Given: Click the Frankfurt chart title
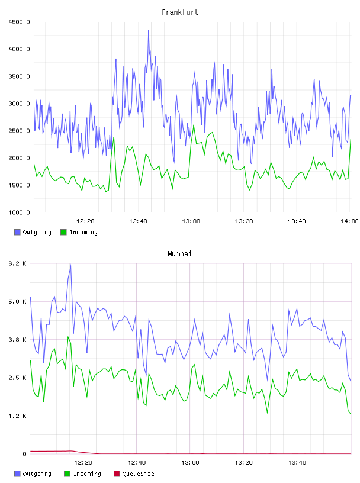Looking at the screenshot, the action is pos(180,12).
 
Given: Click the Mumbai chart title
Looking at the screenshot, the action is pos(179,254).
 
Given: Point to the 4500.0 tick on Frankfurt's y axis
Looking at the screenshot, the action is pos(19,22).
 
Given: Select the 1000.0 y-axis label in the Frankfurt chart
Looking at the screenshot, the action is pos(19,212).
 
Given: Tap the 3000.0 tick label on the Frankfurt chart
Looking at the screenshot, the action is pos(19,104).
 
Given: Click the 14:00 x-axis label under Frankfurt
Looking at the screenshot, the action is pos(349,221).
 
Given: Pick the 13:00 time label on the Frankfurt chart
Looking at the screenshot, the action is pos(191,221).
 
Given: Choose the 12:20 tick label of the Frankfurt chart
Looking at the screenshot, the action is pos(85,221).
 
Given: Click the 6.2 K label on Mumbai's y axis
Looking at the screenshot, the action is pos(17,263).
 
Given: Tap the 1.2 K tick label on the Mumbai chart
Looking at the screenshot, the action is pos(17,416).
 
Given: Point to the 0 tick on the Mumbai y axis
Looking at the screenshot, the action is pos(25,454).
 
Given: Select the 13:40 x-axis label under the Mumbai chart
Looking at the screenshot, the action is pos(297,463).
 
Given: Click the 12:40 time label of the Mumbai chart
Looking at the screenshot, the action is pos(137,463).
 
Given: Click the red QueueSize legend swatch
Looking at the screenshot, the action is pos(117,474).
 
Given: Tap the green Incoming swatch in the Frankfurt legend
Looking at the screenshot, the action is pos(63,232).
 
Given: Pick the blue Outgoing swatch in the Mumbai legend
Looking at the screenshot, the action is pos(17,474).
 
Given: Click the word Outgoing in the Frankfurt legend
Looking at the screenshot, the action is pos(37,233).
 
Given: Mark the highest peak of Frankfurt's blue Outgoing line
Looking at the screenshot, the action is pos(149,30).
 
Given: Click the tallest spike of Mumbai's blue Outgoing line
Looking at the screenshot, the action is pos(70,265).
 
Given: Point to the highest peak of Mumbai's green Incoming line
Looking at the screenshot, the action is pos(68,337).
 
